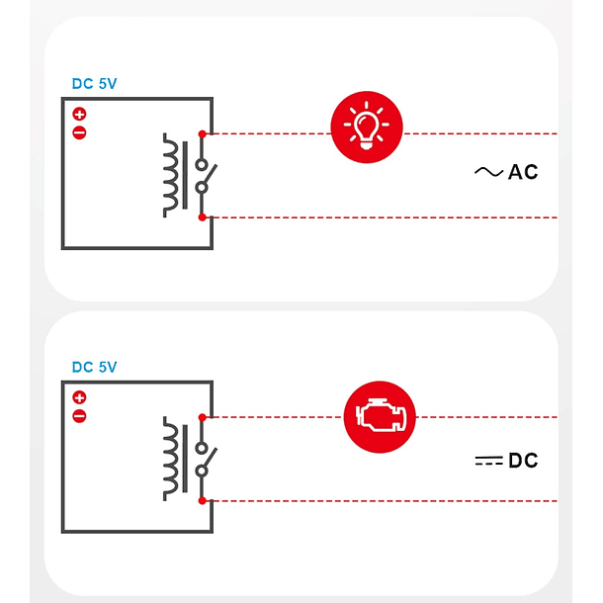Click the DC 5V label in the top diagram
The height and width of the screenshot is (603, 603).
(94, 84)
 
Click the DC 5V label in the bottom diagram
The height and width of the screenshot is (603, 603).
(94, 367)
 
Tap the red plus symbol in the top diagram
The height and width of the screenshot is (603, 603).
(79, 115)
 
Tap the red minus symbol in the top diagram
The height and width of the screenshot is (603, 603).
(79, 132)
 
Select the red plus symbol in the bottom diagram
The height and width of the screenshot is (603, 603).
(79, 397)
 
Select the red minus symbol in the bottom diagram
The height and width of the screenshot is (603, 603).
(79, 415)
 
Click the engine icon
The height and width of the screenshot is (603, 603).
(380, 416)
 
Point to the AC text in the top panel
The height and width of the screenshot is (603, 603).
(523, 172)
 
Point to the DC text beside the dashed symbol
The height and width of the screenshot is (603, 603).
(523, 461)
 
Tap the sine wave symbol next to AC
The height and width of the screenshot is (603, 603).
(488, 172)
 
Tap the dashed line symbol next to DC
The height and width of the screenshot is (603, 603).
(488, 461)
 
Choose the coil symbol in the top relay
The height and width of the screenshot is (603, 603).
(175, 175)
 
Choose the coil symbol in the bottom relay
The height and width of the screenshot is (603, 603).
(175, 458)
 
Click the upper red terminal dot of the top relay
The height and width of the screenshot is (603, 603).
(202, 133)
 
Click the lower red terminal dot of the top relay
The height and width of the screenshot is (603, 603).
(202, 216)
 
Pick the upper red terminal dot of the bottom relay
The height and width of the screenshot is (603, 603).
(202, 416)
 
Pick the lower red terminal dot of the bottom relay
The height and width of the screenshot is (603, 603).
(202, 500)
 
